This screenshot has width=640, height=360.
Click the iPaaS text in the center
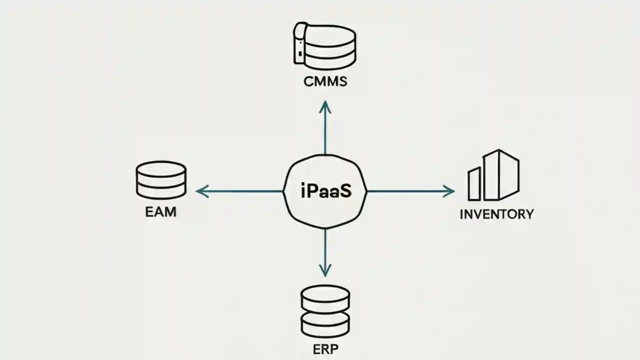tap(325, 191)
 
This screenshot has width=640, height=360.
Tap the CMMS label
tap(325, 81)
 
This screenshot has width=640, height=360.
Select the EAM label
tap(160, 211)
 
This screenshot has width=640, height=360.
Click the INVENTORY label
tap(496, 214)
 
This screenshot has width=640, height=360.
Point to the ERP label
tap(325, 348)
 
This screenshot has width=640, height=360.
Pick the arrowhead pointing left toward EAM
tap(200, 191)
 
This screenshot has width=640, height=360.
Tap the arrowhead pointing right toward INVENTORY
tap(450, 190)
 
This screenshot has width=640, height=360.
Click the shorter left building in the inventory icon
tap(473, 183)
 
